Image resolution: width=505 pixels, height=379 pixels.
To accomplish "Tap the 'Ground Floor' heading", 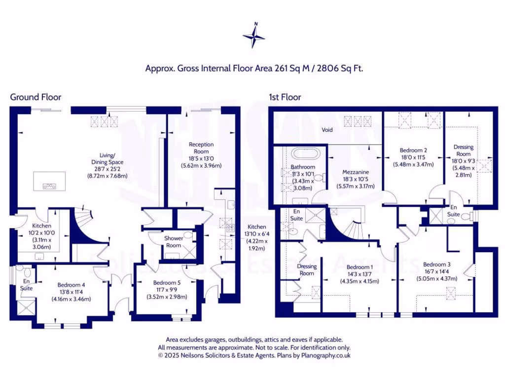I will click(x=36, y=97).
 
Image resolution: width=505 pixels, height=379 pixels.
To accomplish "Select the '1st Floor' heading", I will click(x=285, y=97).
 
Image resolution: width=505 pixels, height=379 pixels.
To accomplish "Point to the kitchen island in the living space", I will click(x=49, y=181).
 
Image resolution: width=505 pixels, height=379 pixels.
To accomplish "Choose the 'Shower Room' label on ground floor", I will click(x=174, y=242).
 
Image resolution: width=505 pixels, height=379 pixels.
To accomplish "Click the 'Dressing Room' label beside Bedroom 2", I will click(x=464, y=150).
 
